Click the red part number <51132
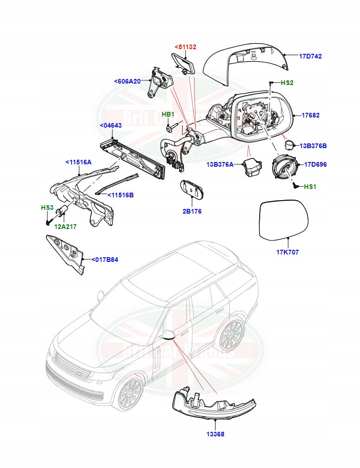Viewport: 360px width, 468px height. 185,47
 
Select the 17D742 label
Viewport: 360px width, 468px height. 310,56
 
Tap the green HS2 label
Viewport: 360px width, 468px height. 287,83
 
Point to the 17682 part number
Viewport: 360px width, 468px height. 311,115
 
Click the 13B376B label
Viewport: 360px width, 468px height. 313,146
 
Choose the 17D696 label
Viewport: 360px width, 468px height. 315,164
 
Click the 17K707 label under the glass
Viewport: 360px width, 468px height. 287,252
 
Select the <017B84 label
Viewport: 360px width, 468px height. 105,260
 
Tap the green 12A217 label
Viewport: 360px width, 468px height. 65,227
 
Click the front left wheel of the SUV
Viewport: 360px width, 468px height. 131,394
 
